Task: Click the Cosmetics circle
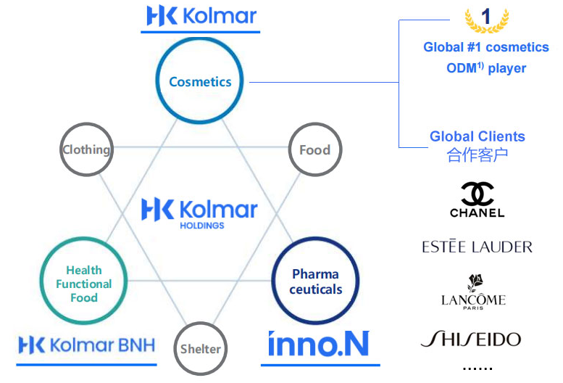200,81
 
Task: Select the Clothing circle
87,150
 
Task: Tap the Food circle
314,150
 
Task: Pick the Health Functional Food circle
84,284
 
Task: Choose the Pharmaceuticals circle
315,281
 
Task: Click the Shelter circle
201,348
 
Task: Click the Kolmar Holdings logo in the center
199,212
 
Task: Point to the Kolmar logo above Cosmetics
201,16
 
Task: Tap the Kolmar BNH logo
86,344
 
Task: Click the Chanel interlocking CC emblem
477,193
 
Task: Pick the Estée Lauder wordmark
477,247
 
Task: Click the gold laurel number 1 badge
486,20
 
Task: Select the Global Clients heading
477,136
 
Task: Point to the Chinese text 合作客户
477,155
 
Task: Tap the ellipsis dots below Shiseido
477,368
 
